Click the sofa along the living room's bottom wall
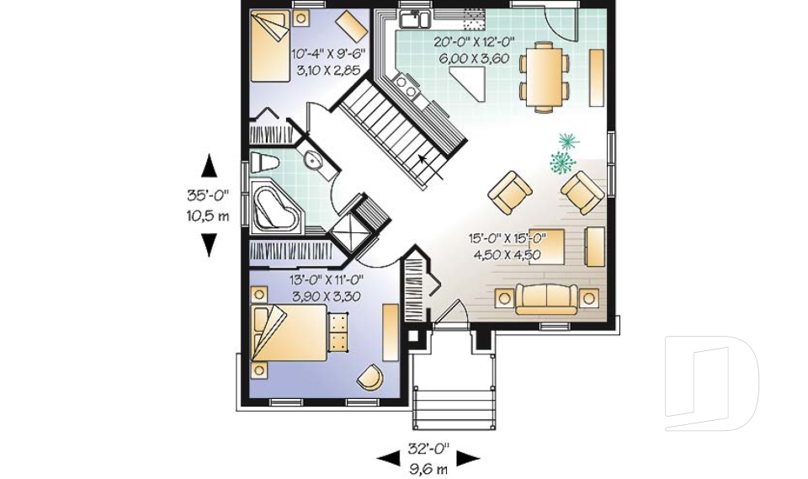click(x=546, y=298)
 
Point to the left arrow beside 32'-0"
click(x=388, y=458)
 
